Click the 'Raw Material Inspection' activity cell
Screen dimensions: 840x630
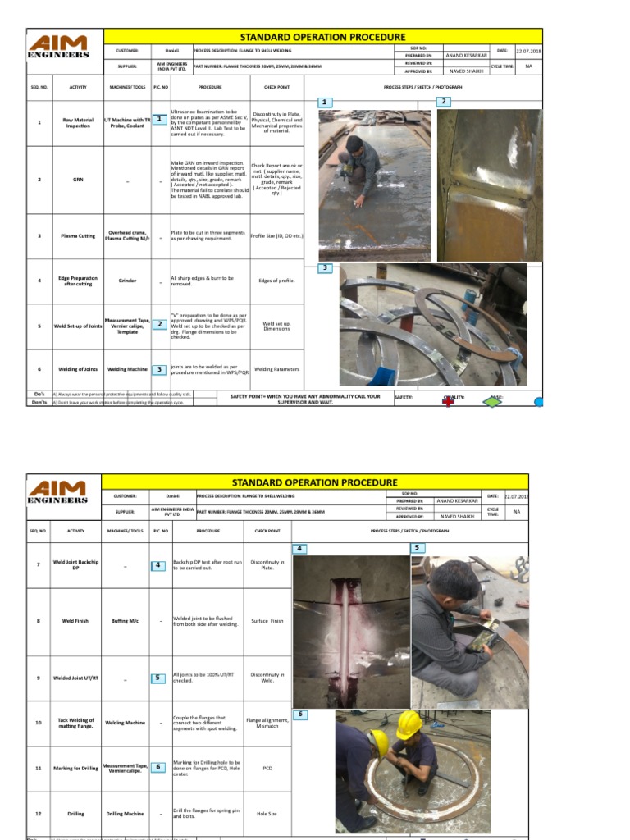coord(78,123)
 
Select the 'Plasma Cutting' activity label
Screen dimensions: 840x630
coord(78,235)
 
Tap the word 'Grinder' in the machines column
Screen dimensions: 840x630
coord(126,281)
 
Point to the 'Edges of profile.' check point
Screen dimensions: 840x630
coord(276,281)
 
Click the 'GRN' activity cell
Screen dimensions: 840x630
coord(78,180)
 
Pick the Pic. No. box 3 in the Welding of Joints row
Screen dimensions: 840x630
coord(159,370)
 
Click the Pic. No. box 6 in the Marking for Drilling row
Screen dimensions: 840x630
coord(159,767)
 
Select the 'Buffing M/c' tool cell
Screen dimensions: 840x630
coord(125,621)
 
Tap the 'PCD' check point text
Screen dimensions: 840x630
coord(267,769)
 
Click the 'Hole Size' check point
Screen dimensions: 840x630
coord(267,814)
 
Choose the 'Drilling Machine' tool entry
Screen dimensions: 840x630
coord(125,814)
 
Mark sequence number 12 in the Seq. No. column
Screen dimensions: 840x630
coord(39,814)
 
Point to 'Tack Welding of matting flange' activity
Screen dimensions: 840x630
coord(75,723)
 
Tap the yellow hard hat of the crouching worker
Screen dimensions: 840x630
coord(408,724)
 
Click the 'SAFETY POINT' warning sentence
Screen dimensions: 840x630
coord(305,399)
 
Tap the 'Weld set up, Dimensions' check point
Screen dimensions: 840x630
coord(276,326)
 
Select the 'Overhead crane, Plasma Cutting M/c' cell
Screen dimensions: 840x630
coord(126,235)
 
